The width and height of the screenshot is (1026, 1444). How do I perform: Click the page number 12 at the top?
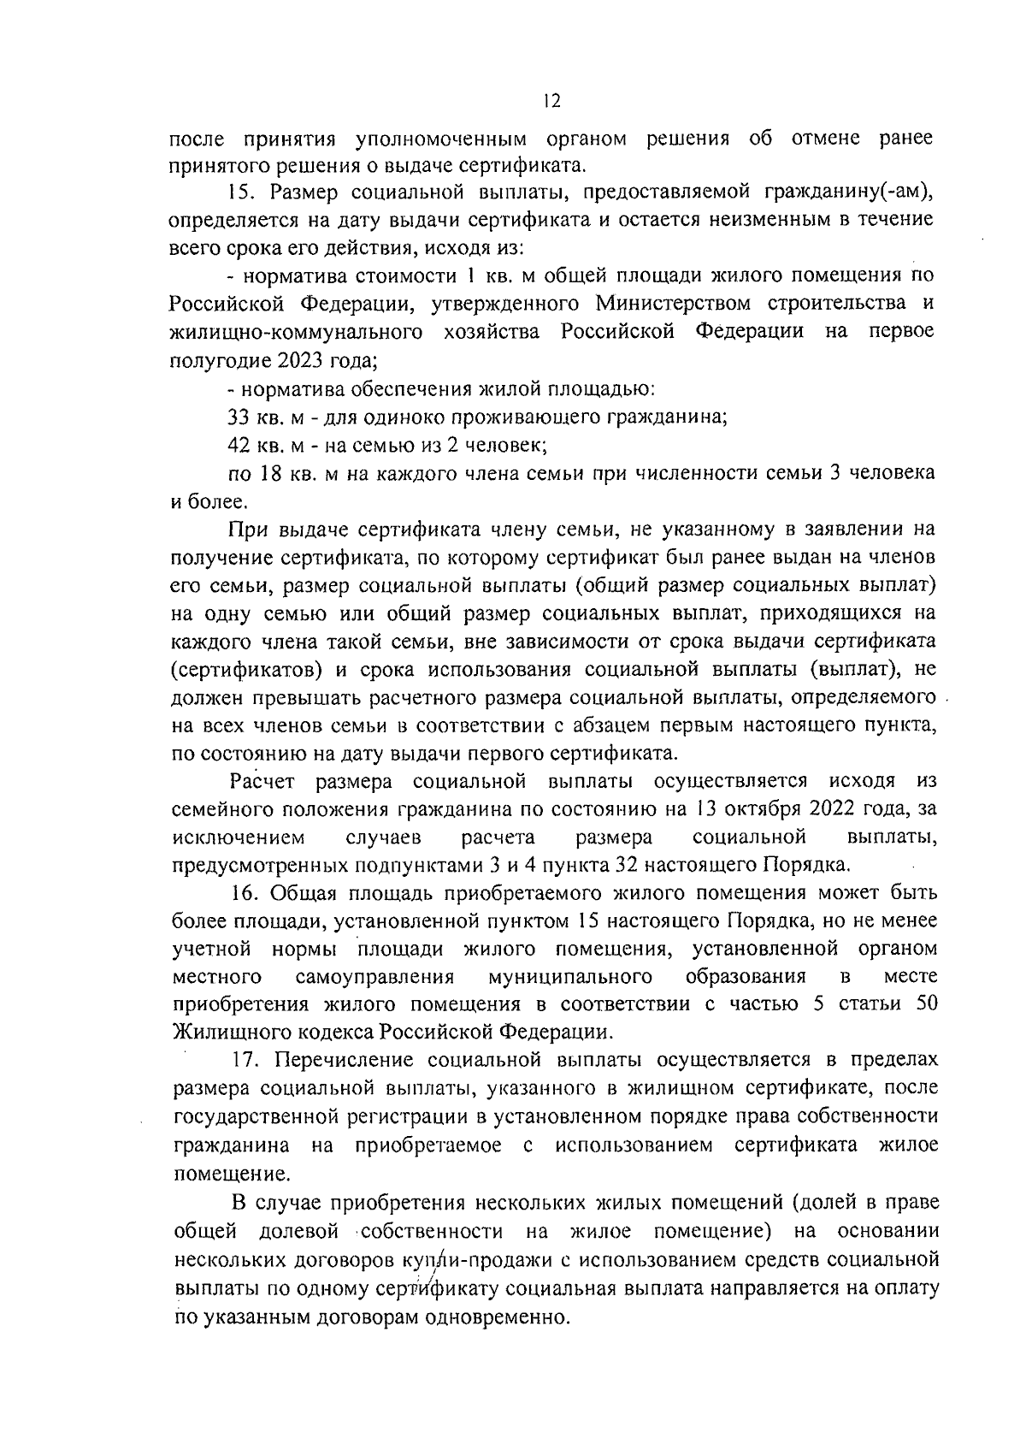(x=551, y=102)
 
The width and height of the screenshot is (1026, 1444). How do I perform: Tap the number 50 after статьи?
(x=926, y=1004)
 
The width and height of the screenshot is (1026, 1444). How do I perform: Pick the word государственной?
(x=256, y=1116)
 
